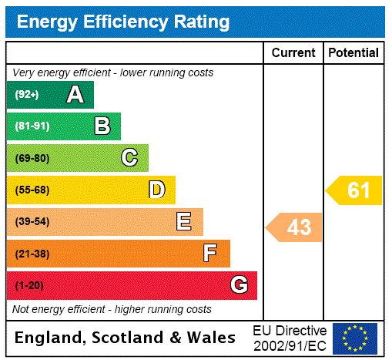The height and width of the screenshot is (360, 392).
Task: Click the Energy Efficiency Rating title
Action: pyautogui.click(x=123, y=22)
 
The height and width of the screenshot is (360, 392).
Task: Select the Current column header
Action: pyautogui.click(x=293, y=52)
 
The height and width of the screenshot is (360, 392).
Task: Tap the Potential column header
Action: pyautogui.click(x=353, y=52)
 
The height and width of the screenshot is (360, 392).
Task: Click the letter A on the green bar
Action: pyautogui.click(x=75, y=95)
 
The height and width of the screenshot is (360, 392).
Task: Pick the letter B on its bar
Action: pyautogui.click(x=102, y=126)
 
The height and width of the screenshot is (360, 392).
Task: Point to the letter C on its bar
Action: pyautogui.click(x=129, y=158)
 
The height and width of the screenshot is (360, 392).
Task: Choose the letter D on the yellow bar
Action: pyautogui.click(x=156, y=190)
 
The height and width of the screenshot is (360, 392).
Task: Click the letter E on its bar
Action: pyautogui.click(x=183, y=222)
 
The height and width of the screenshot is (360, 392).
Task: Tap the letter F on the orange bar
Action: pyautogui.click(x=209, y=254)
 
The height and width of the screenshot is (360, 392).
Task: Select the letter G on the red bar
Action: pyautogui.click(x=239, y=285)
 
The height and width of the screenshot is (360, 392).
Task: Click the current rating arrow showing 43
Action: pyautogui.click(x=295, y=227)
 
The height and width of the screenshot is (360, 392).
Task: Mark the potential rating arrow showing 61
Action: pyautogui.click(x=355, y=190)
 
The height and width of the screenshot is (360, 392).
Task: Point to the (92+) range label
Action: pyautogui.click(x=27, y=96)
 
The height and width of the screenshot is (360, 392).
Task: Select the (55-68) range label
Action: pyautogui.click(x=32, y=190)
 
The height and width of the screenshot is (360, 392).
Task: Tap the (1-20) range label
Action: pyautogui.click(x=29, y=286)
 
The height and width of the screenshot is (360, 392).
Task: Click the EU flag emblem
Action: pyautogui.click(x=355, y=338)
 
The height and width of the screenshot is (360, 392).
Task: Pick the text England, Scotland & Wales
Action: pyautogui.click(x=125, y=338)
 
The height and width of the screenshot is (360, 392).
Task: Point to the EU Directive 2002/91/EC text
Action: pyautogui.click(x=290, y=338)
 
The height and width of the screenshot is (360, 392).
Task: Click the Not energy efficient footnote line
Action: pyautogui.click(x=112, y=309)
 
